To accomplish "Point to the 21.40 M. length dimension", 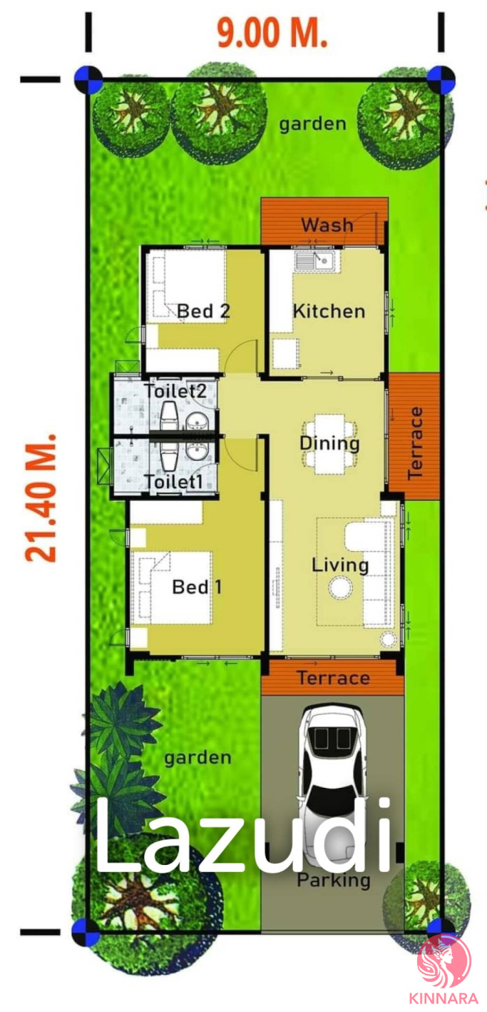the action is tap(41, 498).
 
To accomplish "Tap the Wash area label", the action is tap(327, 225).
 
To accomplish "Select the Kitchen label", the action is tap(329, 311).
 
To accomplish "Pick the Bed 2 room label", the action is tap(203, 311).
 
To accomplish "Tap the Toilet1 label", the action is tap(173, 482).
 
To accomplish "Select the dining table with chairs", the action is tap(329, 444).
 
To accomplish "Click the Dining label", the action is tap(329, 443).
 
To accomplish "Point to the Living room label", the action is tap(340, 565).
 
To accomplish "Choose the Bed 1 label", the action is tap(198, 587).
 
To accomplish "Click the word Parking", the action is tap(334, 880).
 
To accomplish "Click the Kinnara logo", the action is tap(444, 969).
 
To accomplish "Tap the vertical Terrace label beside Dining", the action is tap(415, 442).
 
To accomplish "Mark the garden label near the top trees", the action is tap(313, 124).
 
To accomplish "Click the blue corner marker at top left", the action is tap(88, 79).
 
